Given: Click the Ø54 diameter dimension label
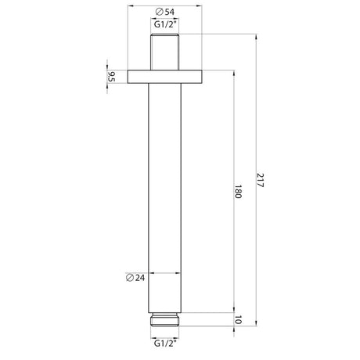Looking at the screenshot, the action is point(165,12).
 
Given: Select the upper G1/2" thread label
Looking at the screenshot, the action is point(165,24).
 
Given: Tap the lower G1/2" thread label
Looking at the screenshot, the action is point(165,343).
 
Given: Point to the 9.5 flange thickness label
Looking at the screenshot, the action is point(111,77).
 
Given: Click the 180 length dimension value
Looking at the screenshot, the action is point(237,192).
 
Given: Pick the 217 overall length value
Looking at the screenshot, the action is point(260,180).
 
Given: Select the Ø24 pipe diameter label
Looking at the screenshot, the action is point(135,278).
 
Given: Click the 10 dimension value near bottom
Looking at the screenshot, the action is point(237,320).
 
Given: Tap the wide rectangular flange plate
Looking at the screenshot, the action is point(165,77).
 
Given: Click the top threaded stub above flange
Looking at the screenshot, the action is point(165,52).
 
